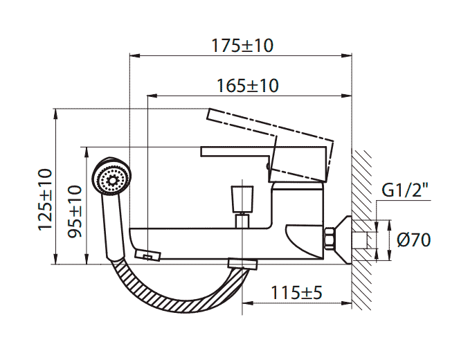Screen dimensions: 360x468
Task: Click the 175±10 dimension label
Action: coord(242,46)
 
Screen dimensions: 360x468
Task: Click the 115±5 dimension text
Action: coord(297,292)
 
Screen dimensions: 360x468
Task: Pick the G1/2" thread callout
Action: coord(404,189)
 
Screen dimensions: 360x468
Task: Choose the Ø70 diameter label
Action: coord(414,240)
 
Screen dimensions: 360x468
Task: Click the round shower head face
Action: coord(111,179)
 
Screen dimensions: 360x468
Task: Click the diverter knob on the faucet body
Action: coord(242,199)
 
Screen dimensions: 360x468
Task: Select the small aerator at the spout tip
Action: coord(148,255)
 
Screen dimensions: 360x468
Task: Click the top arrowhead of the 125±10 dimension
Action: coord(55,112)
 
